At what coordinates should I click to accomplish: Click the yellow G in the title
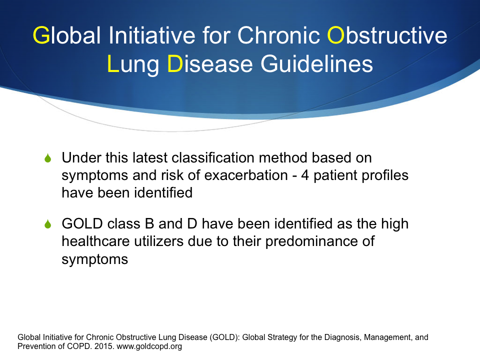pyautogui.click(x=41, y=35)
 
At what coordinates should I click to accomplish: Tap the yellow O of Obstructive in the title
pyautogui.click(x=336, y=35)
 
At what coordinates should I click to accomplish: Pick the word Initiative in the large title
pyautogui.click(x=152, y=35)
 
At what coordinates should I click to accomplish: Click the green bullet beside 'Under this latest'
pyautogui.click(x=48, y=158)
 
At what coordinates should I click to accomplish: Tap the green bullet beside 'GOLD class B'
pyautogui.click(x=48, y=224)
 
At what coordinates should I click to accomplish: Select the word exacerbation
pyautogui.click(x=246, y=175)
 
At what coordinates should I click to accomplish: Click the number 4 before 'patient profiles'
pyautogui.click(x=305, y=175)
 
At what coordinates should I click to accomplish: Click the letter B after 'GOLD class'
pyautogui.click(x=149, y=224)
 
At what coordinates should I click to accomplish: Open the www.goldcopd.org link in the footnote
pyautogui.click(x=149, y=346)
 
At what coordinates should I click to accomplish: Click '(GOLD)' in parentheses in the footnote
pyautogui.click(x=224, y=337)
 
